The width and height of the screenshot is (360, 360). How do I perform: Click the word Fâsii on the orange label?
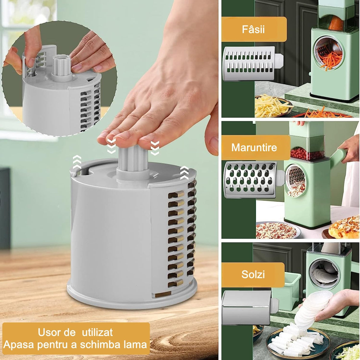click(253, 29)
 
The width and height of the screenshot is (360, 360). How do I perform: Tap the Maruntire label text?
click(254, 147)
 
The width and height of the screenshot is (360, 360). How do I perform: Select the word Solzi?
click(253, 274)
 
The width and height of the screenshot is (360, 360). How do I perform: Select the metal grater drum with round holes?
click(251, 179)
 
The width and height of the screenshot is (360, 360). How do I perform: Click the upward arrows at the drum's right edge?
click(184, 172)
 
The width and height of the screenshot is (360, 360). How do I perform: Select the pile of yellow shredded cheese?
click(271, 105)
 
